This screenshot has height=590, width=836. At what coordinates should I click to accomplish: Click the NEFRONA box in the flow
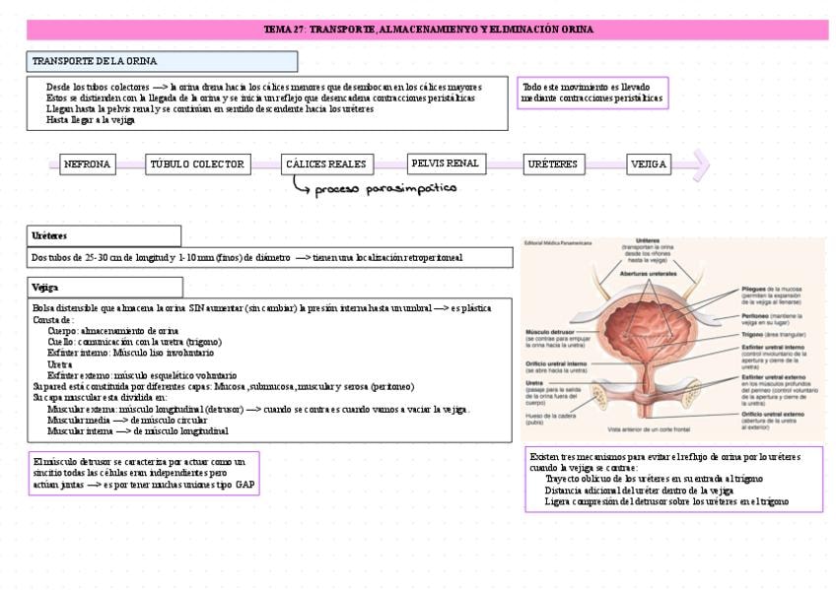click(x=87, y=164)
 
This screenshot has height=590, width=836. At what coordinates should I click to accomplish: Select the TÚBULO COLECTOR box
click(x=198, y=164)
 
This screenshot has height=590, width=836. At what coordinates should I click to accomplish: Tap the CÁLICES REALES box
click(x=325, y=164)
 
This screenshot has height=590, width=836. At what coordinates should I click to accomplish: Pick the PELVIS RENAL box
click(x=445, y=164)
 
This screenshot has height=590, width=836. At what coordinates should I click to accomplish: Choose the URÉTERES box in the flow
click(x=552, y=164)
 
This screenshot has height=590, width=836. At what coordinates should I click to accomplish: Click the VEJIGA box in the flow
click(x=649, y=164)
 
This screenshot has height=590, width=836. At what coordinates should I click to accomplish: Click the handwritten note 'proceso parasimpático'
click(x=385, y=188)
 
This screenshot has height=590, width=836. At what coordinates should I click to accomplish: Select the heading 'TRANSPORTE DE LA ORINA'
click(x=95, y=61)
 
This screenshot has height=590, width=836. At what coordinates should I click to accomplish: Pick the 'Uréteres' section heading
click(x=49, y=235)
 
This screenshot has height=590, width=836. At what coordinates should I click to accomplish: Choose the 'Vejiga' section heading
click(x=45, y=287)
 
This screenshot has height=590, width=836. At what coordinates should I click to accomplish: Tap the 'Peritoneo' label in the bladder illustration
click(x=760, y=315)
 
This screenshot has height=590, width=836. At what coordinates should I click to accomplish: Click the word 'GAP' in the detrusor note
click(x=244, y=486)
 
